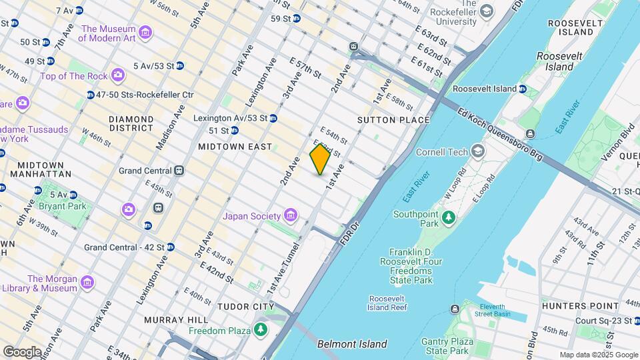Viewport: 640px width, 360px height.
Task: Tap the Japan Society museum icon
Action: coord(290,215)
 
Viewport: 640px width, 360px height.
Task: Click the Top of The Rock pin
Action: coord(118,75)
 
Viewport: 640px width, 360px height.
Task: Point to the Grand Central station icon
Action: coord(179,171)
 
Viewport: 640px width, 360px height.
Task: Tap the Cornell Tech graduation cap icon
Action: coord(477,151)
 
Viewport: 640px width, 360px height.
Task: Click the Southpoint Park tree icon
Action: coord(449,217)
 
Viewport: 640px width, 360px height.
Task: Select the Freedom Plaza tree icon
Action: coord(260,330)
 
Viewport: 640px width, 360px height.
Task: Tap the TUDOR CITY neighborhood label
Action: coord(245,307)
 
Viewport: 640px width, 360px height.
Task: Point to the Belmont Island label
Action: coord(352,344)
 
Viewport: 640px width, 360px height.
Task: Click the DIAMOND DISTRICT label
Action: coord(131,123)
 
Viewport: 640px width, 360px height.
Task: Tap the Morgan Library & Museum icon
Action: coord(87,283)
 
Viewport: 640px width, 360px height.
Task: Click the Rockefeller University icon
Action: coord(487,11)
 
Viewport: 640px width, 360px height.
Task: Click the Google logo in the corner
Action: coord(22,351)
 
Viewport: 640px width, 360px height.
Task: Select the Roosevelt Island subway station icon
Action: coord(522,89)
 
